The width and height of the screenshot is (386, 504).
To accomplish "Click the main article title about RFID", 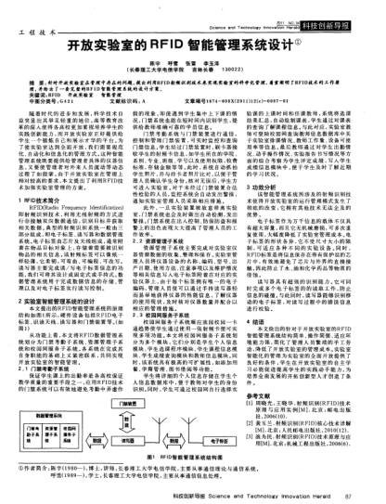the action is coord(192,43).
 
